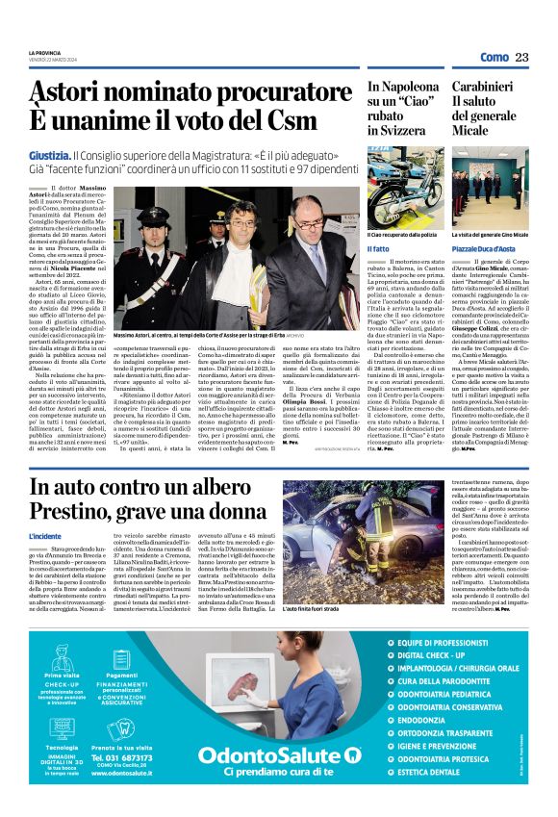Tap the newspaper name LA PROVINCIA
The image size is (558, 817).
click(44, 53)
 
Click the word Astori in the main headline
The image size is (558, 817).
click(70, 92)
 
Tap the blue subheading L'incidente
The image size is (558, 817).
click(44, 535)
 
